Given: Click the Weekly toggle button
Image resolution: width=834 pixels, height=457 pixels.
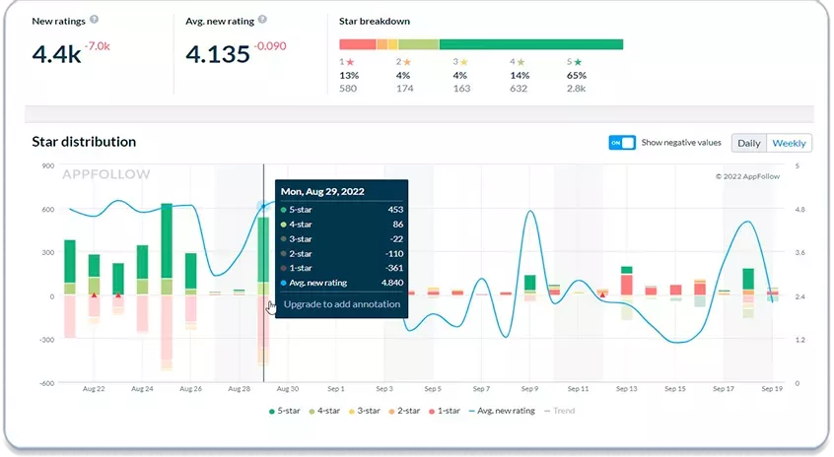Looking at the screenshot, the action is coord(789,143).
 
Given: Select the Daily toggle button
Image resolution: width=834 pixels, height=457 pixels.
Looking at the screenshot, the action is coord(749,143).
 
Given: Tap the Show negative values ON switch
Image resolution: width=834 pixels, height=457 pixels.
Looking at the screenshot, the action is coord(622,143).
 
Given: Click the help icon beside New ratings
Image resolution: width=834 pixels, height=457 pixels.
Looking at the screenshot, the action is coord(94,20).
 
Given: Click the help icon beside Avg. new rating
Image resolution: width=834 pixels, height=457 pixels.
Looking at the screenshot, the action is coord(262,20).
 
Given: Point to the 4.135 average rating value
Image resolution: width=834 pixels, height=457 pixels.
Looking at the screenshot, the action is coord(218,54).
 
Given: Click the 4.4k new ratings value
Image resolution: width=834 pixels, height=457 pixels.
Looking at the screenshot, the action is coord(56,54).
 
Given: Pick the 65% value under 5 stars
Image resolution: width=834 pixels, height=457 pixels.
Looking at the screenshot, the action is coord(577,76).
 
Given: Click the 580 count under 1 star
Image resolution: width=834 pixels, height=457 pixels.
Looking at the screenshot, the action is coord(348,89).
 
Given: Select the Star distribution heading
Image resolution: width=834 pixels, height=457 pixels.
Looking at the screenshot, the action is coord(84,142).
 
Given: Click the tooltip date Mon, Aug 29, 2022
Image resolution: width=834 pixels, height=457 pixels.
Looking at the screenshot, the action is coord(322,191).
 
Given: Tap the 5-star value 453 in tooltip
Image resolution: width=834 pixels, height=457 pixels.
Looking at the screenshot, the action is coord(395,210).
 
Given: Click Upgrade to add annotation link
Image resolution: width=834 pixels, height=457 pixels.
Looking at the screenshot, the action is coord(341,304).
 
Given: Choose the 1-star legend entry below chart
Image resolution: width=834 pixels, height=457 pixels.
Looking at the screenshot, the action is coord(445,411).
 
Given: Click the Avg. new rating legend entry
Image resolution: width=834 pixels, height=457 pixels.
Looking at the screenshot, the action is coord(502,411).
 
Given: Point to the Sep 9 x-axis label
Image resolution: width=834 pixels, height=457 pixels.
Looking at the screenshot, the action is coord(529,389).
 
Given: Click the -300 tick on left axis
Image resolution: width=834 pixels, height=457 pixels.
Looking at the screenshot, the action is coord(47,340).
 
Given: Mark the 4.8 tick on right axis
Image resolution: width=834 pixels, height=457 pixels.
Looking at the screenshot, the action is coord(799,210).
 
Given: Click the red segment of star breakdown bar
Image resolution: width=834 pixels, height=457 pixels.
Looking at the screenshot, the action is coord(358,44).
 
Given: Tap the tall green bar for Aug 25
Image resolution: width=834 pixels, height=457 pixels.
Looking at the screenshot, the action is coord(167,240).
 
